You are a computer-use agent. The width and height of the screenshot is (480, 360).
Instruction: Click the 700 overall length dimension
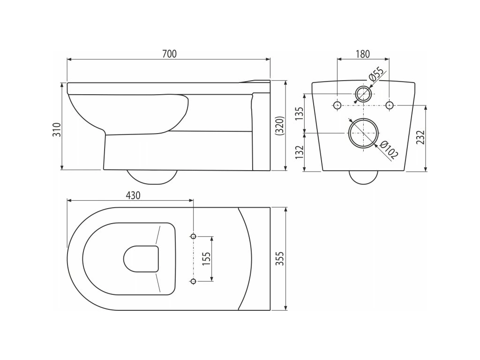[x=169, y=54]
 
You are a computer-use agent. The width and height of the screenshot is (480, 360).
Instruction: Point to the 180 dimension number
[x=362, y=54]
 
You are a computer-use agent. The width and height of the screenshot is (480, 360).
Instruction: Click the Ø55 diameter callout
[x=376, y=76]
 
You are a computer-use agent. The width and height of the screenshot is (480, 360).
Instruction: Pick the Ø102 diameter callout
[x=389, y=151]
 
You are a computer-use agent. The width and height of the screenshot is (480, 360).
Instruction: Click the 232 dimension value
[x=420, y=138]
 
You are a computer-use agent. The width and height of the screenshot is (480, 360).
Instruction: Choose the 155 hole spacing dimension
[x=206, y=259]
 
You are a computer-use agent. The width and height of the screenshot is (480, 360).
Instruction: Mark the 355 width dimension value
[x=280, y=258]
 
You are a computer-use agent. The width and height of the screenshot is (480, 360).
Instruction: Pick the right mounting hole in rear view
[x=389, y=105]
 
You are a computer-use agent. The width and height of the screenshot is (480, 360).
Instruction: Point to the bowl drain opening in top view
[x=141, y=259]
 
